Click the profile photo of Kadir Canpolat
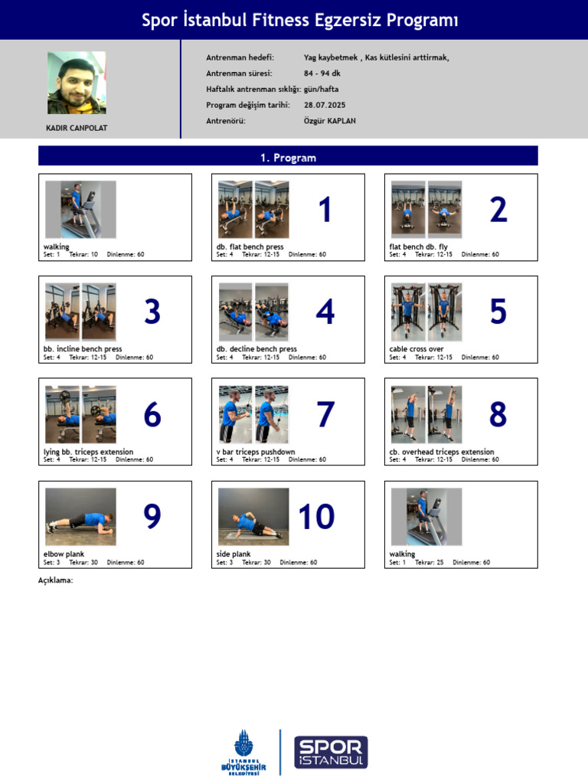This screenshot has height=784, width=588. point(77,83)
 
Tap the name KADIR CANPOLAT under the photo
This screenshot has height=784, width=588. point(77,128)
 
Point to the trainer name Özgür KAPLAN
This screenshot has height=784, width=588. point(329,121)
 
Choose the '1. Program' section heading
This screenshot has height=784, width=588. point(288,158)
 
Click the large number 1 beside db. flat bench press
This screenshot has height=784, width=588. point(325,210)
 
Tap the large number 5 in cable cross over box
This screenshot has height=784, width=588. point(498,312)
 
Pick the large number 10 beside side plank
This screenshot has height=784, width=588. point(316,517)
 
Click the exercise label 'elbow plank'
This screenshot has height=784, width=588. point(64,554)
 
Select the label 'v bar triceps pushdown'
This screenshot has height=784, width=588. point(256,452)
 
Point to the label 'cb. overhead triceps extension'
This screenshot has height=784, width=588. point(442,452)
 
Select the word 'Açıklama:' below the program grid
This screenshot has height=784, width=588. point(56,580)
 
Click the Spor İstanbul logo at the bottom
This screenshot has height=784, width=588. point(331,753)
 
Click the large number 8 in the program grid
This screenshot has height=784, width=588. point(498,414)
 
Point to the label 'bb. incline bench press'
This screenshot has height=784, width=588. point(83,349)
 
